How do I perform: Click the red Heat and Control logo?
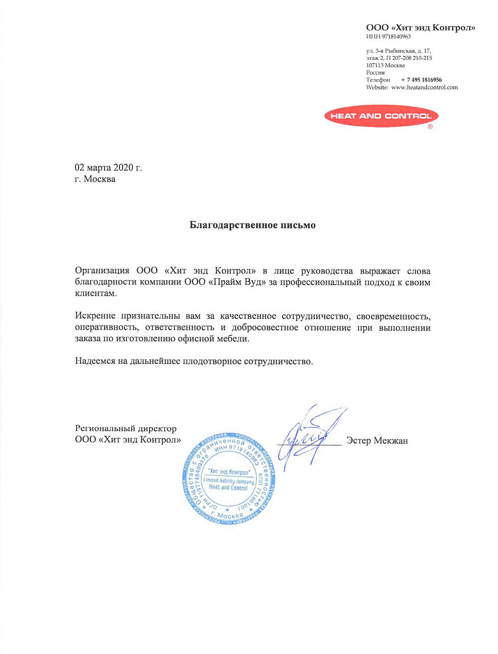381,116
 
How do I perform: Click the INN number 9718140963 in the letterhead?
396,36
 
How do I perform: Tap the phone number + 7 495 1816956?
421,80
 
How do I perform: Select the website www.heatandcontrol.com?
424,87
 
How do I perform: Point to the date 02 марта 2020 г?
108,167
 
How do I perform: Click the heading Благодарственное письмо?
252,225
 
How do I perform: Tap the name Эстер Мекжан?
377,440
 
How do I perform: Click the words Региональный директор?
125,428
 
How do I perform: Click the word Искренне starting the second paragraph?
95,316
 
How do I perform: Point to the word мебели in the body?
233,339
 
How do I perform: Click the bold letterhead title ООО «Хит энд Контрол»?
420,27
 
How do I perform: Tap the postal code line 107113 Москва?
385,65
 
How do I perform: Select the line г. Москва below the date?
95,179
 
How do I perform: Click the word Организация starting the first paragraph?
102,271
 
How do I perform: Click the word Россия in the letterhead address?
375,72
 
